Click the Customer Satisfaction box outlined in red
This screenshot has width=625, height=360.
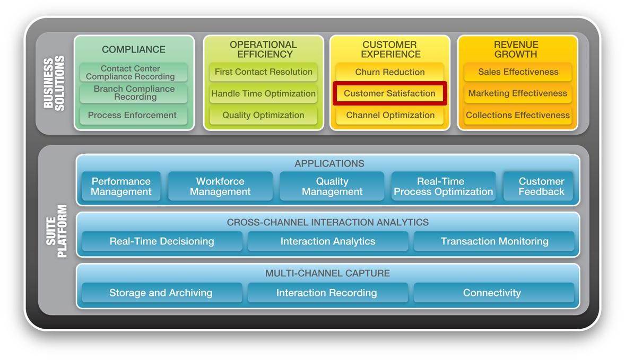390,94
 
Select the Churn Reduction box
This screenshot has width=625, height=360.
390,72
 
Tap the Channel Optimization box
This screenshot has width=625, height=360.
390,116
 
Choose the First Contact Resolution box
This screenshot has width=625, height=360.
264,72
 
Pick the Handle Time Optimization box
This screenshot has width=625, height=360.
264,94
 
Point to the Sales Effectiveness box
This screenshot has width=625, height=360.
518,72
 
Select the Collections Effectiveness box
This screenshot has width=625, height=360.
518,116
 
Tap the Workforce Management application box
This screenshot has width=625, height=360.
220,187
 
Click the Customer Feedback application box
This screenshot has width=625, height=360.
541,187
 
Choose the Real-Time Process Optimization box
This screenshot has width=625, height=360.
444,187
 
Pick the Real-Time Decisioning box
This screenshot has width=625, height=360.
162,241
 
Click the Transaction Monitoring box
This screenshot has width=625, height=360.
494,241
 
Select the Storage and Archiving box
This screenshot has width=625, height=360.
162,293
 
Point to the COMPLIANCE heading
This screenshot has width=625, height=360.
134,49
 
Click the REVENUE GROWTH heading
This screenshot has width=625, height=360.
516,49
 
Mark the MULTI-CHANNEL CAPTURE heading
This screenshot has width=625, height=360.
328,273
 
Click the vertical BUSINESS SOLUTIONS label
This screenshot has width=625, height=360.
54,83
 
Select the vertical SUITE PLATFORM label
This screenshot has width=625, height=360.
56,231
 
